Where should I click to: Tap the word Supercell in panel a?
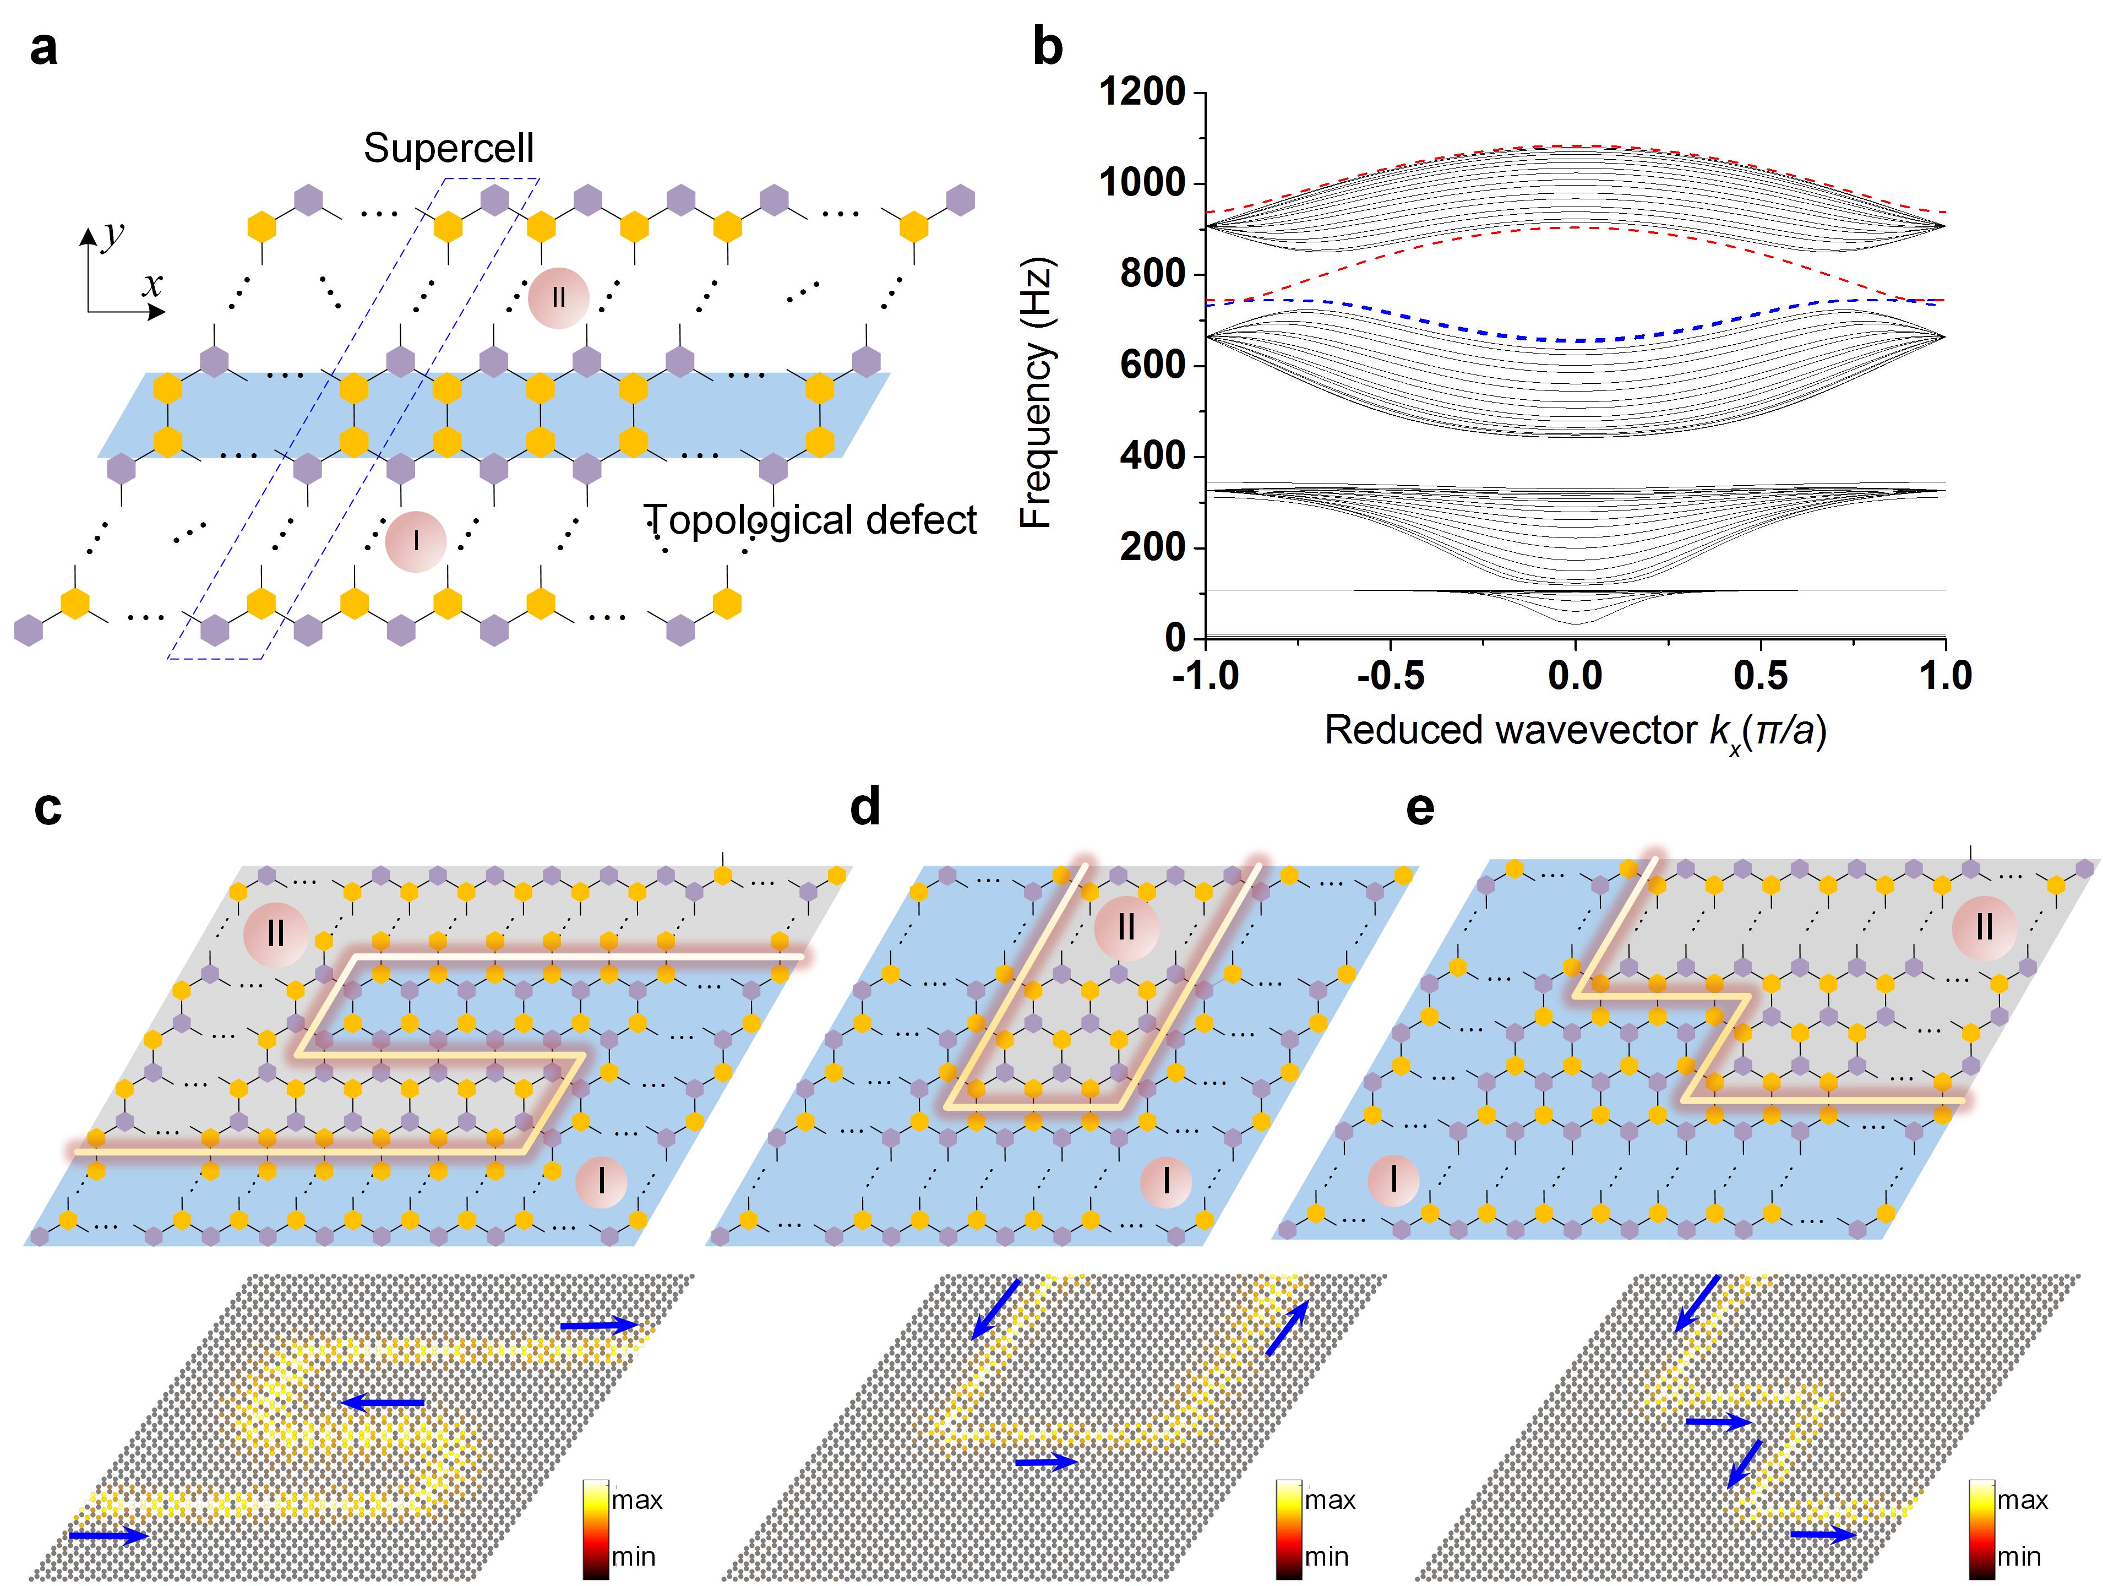pyautogui.click(x=449, y=148)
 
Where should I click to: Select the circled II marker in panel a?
pyautogui.click(x=558, y=297)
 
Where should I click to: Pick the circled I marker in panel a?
pyautogui.click(x=416, y=541)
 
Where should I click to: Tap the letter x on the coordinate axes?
pyautogui.click(x=152, y=284)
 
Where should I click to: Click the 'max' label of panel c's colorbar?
pyautogui.click(x=636, y=1500)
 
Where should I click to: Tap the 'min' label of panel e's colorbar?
pyautogui.click(x=2018, y=1556)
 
